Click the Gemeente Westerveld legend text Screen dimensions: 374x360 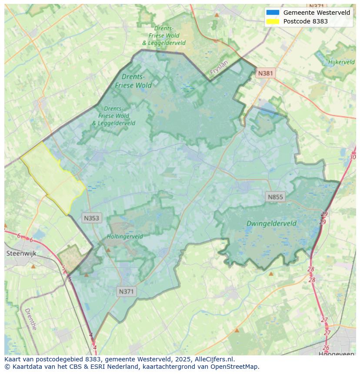317,13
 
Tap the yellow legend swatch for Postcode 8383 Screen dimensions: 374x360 273,21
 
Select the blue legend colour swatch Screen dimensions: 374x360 273,13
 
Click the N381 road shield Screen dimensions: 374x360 265,73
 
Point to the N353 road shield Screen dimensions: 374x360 91,218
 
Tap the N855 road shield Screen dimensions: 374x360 275,197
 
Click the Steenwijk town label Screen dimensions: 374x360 21,253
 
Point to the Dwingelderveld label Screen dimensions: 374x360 271,224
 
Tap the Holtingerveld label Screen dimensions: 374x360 125,237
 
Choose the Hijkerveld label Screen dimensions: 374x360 342,62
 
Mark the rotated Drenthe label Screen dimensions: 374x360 30,319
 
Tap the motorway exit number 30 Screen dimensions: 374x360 353,157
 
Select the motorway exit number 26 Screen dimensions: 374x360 326,348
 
